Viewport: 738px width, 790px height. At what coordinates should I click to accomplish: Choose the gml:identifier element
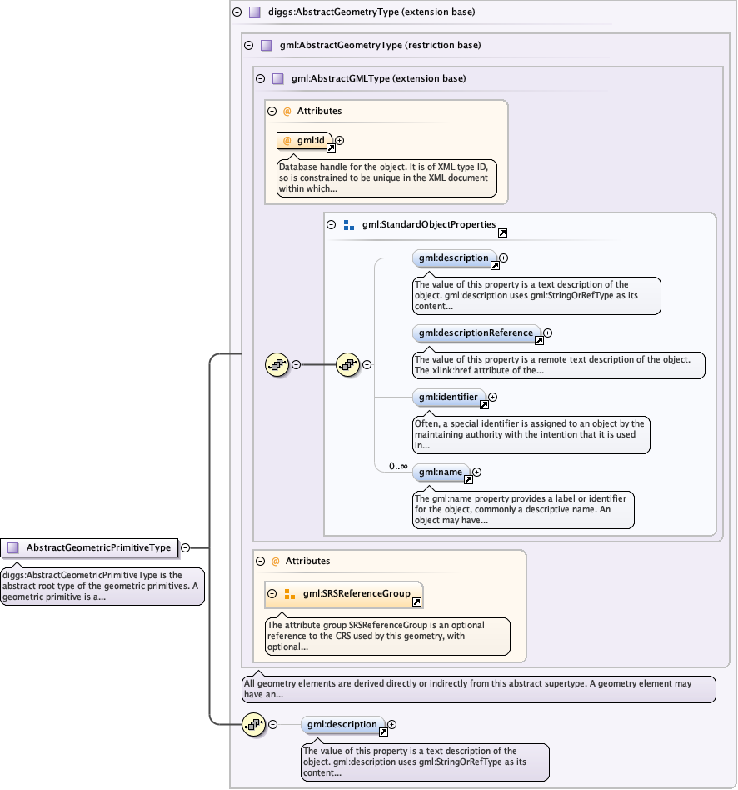pyautogui.click(x=449, y=397)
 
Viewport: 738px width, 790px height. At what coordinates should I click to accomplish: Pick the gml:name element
pyautogui.click(x=441, y=472)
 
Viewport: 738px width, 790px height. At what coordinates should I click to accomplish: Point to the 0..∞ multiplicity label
pyautogui.click(x=398, y=466)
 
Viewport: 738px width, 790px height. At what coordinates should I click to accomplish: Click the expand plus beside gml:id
pyautogui.click(x=339, y=140)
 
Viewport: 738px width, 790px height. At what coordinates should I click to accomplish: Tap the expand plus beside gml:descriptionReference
pyautogui.click(x=547, y=333)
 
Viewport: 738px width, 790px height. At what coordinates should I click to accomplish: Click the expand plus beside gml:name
pyautogui.click(x=476, y=472)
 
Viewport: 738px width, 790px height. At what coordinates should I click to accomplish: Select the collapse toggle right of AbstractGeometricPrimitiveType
pyautogui.click(x=186, y=547)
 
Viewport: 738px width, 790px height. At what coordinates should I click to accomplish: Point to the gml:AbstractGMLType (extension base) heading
pyautogui.click(x=378, y=78)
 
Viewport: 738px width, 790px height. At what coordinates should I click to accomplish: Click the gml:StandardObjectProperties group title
pyautogui.click(x=429, y=225)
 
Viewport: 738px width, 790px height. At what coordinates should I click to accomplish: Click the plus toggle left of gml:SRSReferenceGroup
pyautogui.click(x=272, y=594)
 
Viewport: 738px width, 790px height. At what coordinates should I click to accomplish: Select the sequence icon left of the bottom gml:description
pyautogui.click(x=252, y=724)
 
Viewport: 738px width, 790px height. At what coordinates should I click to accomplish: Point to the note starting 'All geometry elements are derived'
pyautogui.click(x=478, y=689)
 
